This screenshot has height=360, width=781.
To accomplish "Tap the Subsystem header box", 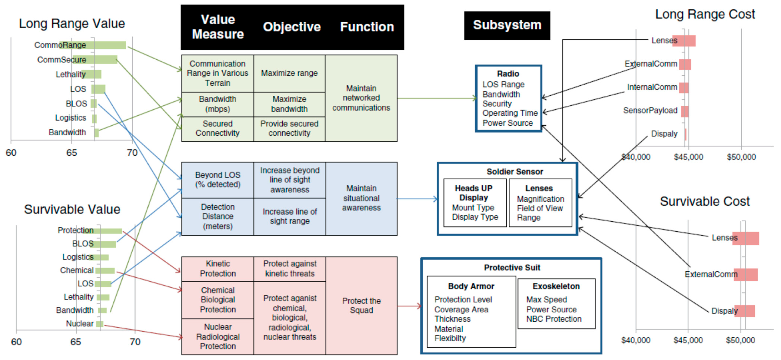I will (x=507, y=25).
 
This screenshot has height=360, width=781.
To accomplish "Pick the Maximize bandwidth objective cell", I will (x=289, y=104).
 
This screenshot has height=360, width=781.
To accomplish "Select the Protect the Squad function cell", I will (x=361, y=306).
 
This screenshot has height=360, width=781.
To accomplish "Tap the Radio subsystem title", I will (x=508, y=74).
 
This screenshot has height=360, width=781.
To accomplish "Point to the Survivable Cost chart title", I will (x=705, y=201).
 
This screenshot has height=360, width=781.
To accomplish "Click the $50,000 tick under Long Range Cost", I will (x=741, y=157).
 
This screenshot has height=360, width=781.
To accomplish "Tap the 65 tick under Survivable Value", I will (x=76, y=342).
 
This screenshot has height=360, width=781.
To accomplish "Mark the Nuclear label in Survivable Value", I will (x=80, y=324).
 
